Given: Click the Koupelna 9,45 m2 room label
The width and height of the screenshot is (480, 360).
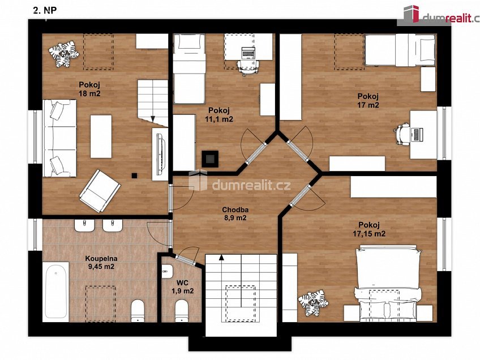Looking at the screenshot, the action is (x=101, y=262).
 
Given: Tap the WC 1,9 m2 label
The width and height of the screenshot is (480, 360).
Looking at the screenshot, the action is (x=182, y=286).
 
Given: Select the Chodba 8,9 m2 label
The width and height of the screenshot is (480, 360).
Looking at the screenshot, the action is (x=235, y=213).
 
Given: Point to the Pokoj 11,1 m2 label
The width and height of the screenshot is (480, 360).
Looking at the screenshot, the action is (x=219, y=114).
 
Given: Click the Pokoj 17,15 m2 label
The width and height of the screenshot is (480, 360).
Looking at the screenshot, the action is (x=369, y=229).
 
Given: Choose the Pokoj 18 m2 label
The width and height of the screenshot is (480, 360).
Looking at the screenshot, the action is (x=89, y=89).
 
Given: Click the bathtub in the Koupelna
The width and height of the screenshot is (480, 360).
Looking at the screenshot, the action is (x=55, y=292).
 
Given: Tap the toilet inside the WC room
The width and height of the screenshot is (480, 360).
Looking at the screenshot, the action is (x=182, y=310).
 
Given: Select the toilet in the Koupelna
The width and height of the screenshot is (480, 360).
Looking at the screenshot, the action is (x=138, y=311).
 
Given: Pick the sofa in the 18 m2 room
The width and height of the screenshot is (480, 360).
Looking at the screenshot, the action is (x=59, y=138).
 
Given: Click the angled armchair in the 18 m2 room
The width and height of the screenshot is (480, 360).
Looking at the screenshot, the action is (x=100, y=191).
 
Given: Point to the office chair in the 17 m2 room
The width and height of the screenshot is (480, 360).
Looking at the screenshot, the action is (x=402, y=134).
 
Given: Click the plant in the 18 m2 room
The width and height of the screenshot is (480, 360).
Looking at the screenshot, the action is (x=63, y=54).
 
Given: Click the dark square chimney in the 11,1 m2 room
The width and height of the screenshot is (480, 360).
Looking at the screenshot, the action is (x=209, y=159).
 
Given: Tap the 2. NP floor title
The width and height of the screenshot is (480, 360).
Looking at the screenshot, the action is (x=45, y=10).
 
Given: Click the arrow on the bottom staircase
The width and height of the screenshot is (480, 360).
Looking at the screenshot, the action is (x=221, y=257).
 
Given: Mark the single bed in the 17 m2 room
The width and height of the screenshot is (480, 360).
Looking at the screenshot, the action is (x=400, y=50).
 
